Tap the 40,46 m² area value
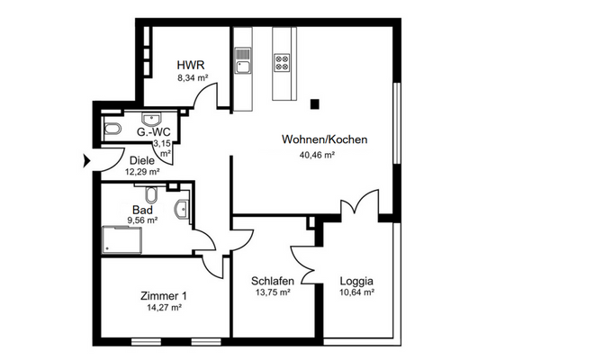[317, 155]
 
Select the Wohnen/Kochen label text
[317, 140]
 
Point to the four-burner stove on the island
[283, 62]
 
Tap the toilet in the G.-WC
[112, 130]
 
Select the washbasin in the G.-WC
[150, 119]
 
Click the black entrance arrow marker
[86, 161]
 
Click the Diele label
[142, 160]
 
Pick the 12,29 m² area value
[142, 172]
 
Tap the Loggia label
[356, 280]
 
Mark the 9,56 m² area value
[142, 219]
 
